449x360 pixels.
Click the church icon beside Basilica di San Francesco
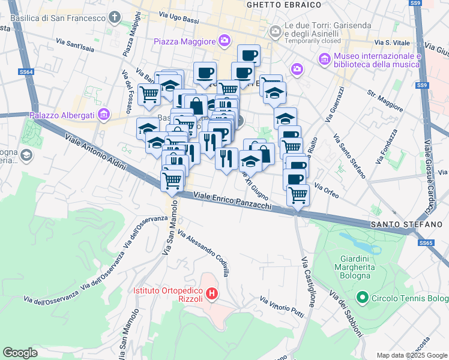click(115, 17)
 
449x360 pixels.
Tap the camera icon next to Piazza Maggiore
click(224, 41)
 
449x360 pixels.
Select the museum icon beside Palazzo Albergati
click(104, 114)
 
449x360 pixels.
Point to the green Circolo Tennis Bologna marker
click(362, 298)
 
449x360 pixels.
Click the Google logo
click(20, 352)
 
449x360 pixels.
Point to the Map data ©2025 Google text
click(411, 355)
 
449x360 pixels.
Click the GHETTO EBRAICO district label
click(276, 4)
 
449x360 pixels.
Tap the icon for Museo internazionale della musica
click(325, 59)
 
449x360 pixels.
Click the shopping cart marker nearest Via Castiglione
click(298, 194)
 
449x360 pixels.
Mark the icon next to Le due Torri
click(276, 31)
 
